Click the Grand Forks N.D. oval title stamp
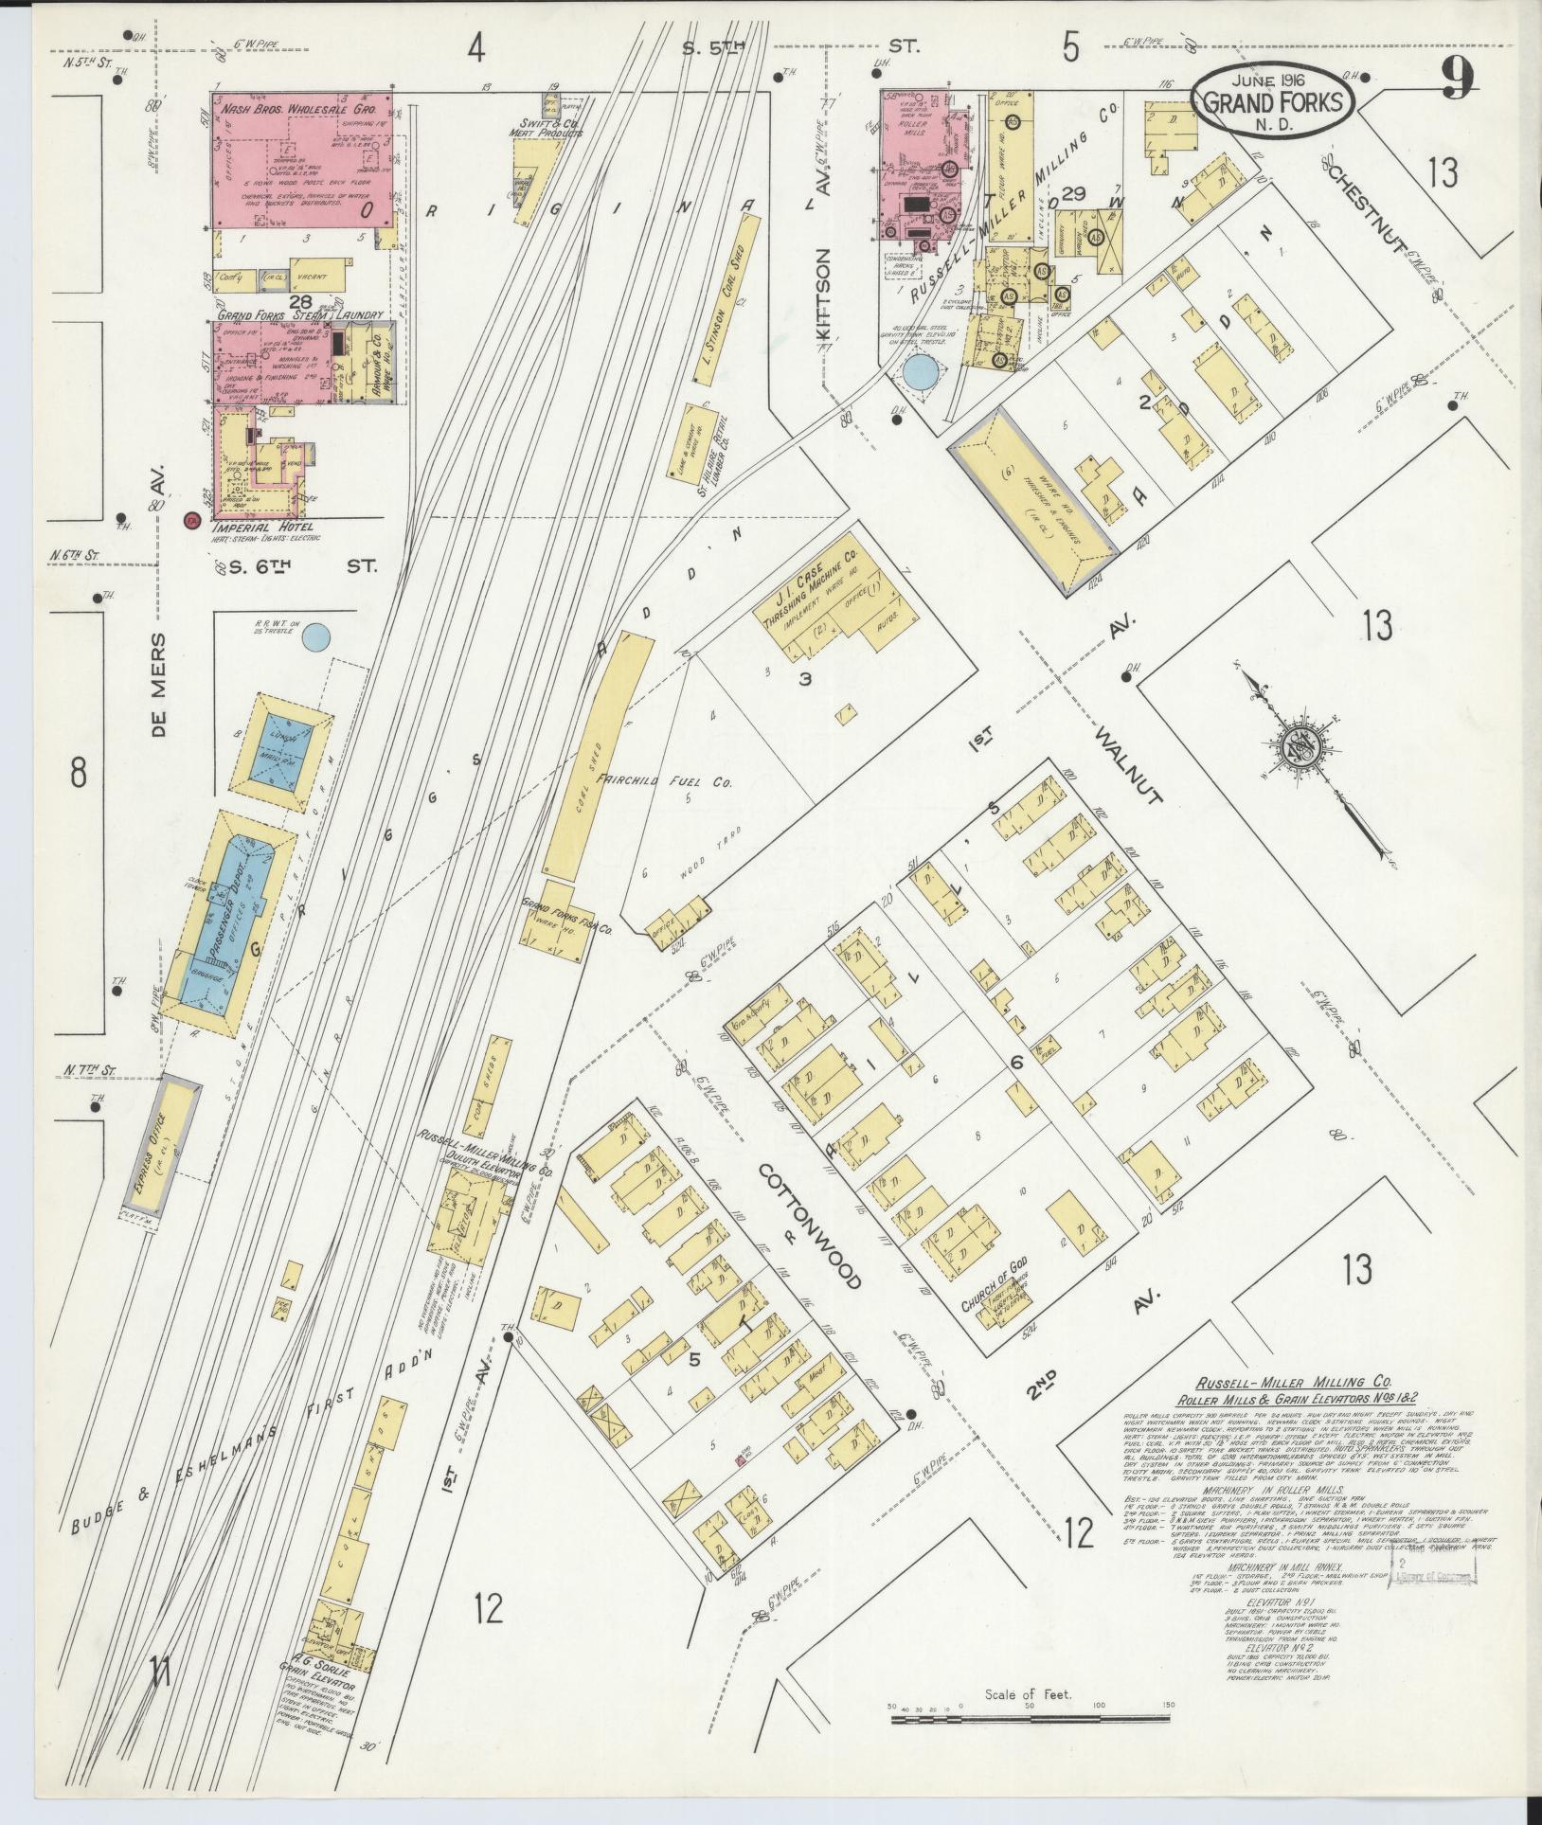(1272, 97)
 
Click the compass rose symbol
(1294, 745)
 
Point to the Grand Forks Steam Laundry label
(299, 314)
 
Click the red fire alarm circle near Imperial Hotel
(192, 520)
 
